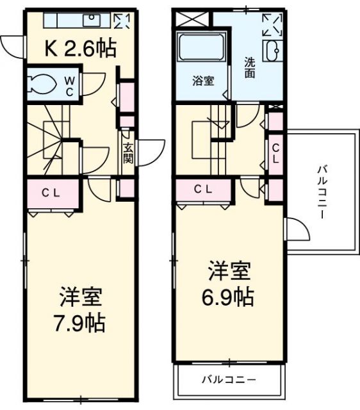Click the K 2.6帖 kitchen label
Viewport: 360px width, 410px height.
click(x=80, y=47)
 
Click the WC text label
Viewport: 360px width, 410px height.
click(x=71, y=86)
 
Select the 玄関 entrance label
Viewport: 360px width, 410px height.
click(x=127, y=152)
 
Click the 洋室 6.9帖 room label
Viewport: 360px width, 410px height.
click(x=229, y=284)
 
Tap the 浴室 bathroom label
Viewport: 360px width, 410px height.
click(x=204, y=81)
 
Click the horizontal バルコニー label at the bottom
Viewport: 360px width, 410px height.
click(x=228, y=379)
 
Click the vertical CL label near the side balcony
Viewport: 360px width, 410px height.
click(x=275, y=154)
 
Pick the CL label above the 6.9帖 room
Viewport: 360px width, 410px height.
click(x=204, y=188)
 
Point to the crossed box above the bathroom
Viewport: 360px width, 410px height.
click(x=193, y=18)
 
